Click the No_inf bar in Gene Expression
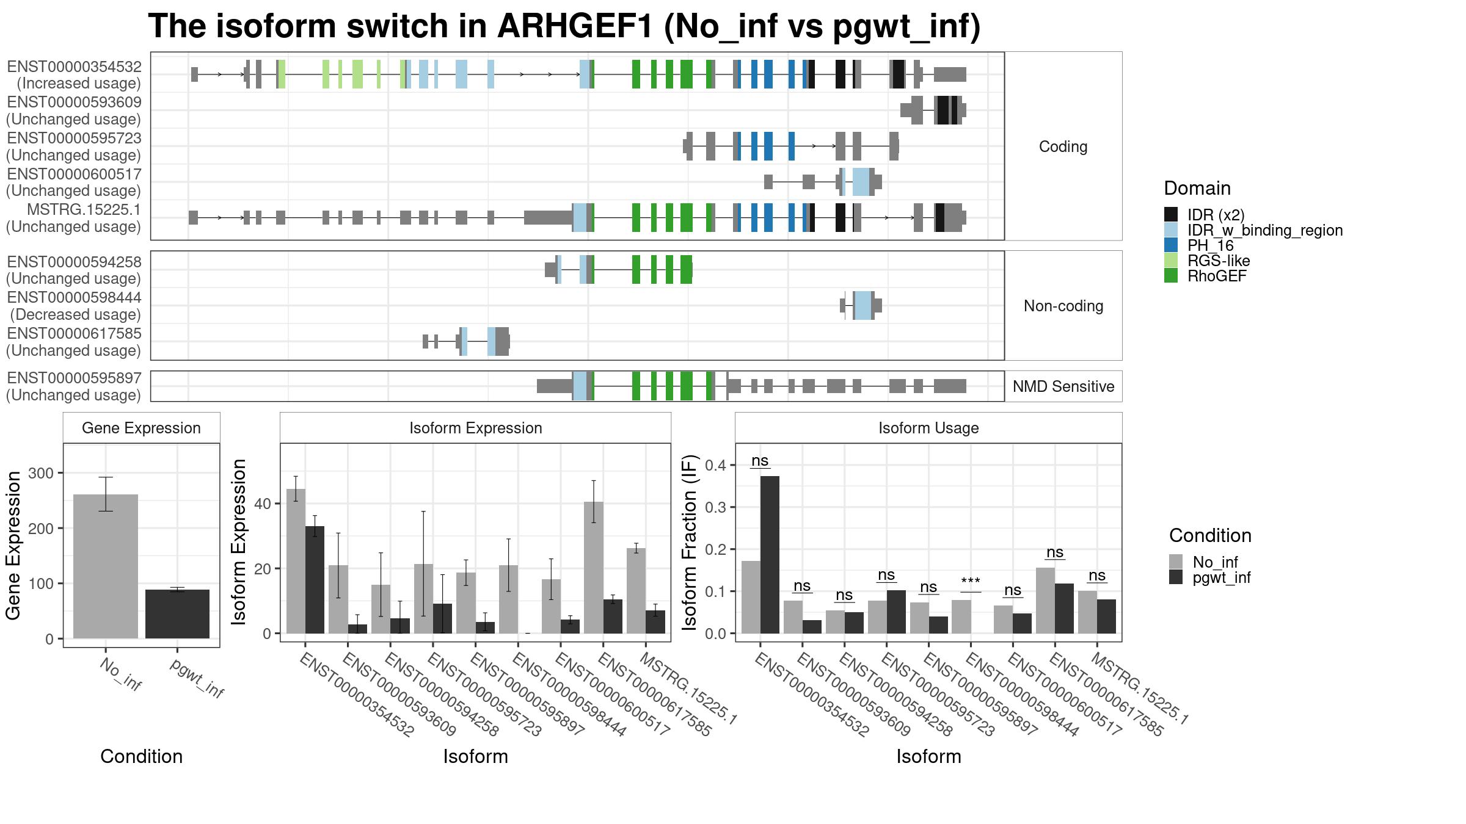click(x=106, y=566)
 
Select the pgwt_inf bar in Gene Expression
click(x=177, y=614)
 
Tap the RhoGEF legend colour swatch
click(x=1171, y=276)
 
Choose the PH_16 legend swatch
click(x=1171, y=245)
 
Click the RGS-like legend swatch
click(x=1171, y=261)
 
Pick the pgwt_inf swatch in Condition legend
click(x=1176, y=577)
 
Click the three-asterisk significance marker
click(x=971, y=582)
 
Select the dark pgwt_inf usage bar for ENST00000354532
click(x=770, y=555)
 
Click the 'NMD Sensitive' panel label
click(x=1063, y=386)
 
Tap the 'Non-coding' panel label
click(x=1063, y=306)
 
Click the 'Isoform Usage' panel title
click(x=928, y=428)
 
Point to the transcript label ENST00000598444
click(x=75, y=298)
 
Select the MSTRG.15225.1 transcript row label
click(x=84, y=210)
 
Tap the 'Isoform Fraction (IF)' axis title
click(x=690, y=542)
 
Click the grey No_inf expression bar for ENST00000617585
click(x=594, y=568)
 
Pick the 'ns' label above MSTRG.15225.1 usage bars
click(x=1097, y=576)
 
